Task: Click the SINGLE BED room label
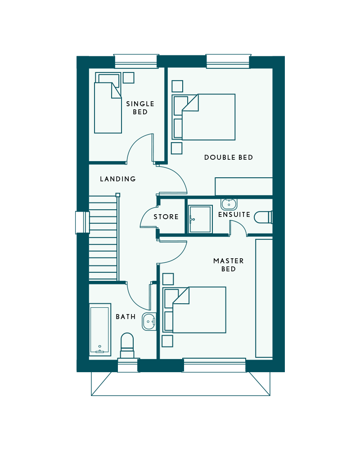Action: click(140, 108)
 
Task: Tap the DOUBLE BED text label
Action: click(229, 157)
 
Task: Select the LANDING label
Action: click(118, 179)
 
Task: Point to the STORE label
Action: click(166, 217)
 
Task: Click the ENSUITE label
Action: click(234, 215)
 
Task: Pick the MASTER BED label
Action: click(229, 265)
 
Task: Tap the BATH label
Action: click(126, 316)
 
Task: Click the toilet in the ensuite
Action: click(263, 217)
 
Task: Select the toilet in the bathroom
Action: click(127, 345)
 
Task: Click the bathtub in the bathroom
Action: click(100, 330)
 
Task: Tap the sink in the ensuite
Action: click(229, 203)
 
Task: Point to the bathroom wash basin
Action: click(149, 321)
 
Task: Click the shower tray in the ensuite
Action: click(200, 219)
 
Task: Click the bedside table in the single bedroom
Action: click(129, 78)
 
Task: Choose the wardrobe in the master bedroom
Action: click(264, 298)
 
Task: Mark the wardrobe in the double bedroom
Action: click(244, 187)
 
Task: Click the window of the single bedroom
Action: click(136, 61)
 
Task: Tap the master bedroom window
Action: click(214, 365)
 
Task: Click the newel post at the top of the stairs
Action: click(118, 195)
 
